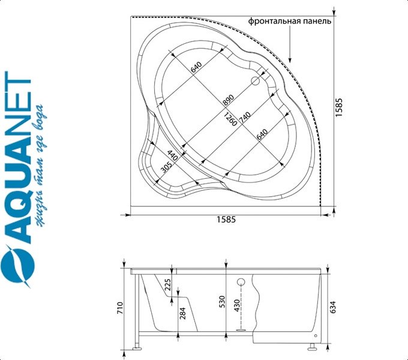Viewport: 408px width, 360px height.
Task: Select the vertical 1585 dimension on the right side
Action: pyautogui.click(x=339, y=109)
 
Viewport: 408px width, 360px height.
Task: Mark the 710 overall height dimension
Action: pyautogui.click(x=120, y=308)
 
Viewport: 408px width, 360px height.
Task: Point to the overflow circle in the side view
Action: pyautogui.click(x=242, y=282)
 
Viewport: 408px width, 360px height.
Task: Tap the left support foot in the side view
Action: pyautogui.click(x=137, y=346)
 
